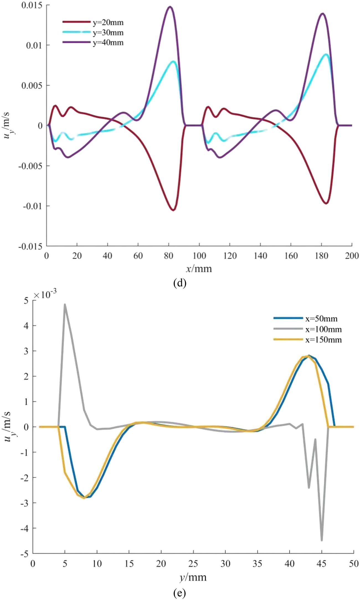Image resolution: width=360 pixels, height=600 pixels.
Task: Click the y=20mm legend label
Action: point(108,23)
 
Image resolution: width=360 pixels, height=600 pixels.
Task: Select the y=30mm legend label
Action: point(108,33)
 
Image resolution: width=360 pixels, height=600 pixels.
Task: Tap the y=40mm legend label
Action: point(108,43)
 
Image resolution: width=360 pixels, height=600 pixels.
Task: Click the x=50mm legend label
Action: point(321,319)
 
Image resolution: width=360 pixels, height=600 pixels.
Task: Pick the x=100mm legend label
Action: point(323,329)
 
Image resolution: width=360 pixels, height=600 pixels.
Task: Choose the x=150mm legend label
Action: point(323,340)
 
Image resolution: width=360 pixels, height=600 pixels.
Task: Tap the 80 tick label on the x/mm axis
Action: point(169,256)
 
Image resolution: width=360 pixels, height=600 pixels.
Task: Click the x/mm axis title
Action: point(199,269)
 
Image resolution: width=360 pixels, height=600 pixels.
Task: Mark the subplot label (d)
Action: point(180,283)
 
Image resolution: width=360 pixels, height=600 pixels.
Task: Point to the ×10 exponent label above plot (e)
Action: point(43,295)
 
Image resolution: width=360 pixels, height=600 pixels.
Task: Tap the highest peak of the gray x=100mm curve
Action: point(65,304)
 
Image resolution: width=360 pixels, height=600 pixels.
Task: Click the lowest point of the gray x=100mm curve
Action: point(322,540)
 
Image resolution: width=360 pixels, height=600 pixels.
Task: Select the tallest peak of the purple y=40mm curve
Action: point(170,7)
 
